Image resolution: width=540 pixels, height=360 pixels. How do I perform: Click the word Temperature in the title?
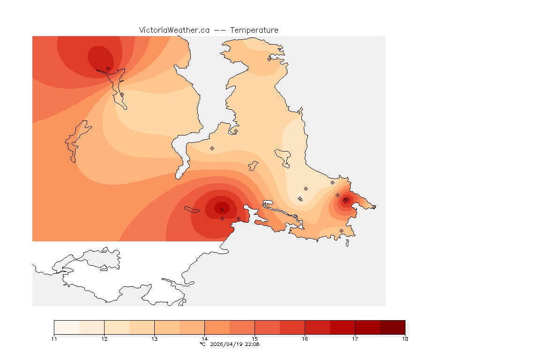pyautogui.click(x=254, y=30)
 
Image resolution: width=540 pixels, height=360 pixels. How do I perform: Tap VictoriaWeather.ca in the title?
pyautogui.click(x=174, y=30)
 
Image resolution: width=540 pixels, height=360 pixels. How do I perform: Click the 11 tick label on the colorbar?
pyautogui.click(x=54, y=338)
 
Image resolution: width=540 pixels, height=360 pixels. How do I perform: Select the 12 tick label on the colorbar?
pyautogui.click(x=104, y=338)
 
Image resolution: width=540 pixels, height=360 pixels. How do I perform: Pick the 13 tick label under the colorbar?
pyautogui.click(x=154, y=338)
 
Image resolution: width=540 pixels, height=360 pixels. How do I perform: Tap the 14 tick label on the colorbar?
pyautogui.click(x=204, y=338)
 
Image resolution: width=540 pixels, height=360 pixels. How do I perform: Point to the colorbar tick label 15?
pyautogui.click(x=255, y=338)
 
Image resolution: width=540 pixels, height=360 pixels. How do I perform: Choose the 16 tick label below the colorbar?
pyautogui.click(x=305, y=338)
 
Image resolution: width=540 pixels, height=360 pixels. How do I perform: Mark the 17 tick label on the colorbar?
pyautogui.click(x=355, y=338)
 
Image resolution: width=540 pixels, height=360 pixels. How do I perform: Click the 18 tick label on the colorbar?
pyautogui.click(x=405, y=338)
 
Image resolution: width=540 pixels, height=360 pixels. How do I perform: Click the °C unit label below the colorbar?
pyautogui.click(x=202, y=344)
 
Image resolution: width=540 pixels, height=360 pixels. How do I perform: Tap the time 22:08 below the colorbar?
pyautogui.click(x=252, y=344)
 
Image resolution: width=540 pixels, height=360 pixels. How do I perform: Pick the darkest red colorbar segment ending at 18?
pyautogui.click(x=392, y=327)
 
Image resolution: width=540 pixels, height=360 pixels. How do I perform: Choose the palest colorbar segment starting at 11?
pyautogui.click(x=67, y=327)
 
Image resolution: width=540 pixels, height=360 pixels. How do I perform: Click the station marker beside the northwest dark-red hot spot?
pyautogui.click(x=108, y=68)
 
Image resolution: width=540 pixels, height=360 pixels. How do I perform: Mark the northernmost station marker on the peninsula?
pyautogui.click(x=270, y=59)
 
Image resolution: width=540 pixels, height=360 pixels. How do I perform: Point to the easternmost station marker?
pyautogui.click(x=374, y=207)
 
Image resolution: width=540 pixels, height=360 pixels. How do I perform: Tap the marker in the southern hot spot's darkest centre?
pyautogui.click(x=222, y=210)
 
